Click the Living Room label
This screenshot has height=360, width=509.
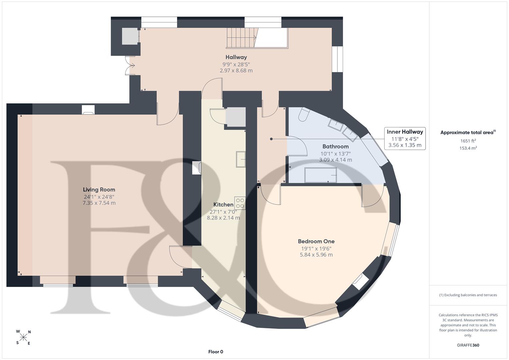pyautogui.click(x=99, y=190)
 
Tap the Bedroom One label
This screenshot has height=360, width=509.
pyautogui.click(x=316, y=241)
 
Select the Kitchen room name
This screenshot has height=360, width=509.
pyautogui.click(x=223, y=205)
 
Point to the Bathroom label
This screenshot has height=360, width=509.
pyautogui.click(x=335, y=146)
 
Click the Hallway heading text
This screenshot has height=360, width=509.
pyautogui.click(x=236, y=57)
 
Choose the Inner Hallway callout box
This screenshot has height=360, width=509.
pyautogui.click(x=405, y=138)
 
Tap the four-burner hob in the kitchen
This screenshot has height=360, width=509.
pyautogui.click(x=240, y=203)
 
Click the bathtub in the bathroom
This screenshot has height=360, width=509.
pyautogui.click(x=320, y=175)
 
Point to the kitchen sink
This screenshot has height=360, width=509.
pyautogui.click(x=241, y=159)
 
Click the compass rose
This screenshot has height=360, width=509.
pyautogui.click(x=23, y=337)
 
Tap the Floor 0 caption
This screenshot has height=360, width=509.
pyautogui.click(x=216, y=352)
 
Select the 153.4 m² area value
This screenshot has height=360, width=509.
pyautogui.click(x=468, y=148)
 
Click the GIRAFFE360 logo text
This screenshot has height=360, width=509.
pyautogui.click(x=468, y=345)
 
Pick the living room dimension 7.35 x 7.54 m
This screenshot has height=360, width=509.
pyautogui.click(x=99, y=203)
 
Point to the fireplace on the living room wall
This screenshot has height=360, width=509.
pyautogui.click(x=88, y=110)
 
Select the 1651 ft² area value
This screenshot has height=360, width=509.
pyautogui.click(x=468, y=141)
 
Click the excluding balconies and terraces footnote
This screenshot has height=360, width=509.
pyautogui.click(x=468, y=295)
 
